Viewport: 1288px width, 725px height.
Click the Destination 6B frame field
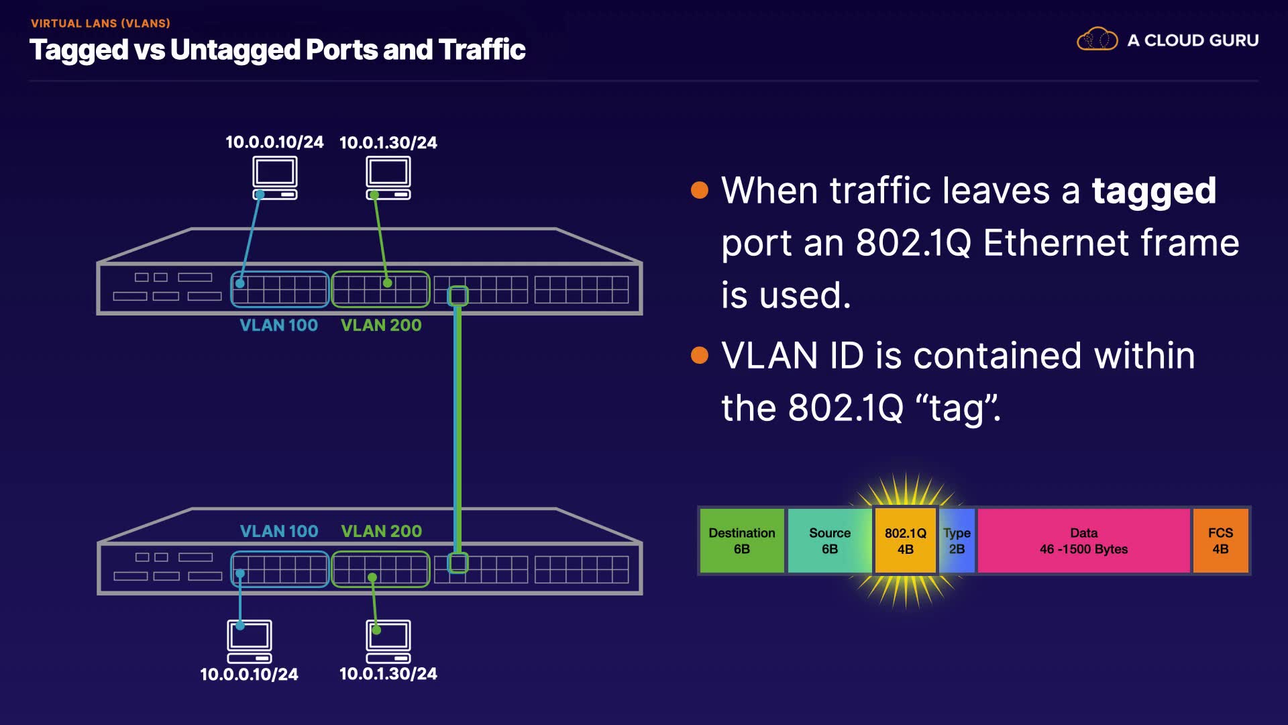(x=742, y=540)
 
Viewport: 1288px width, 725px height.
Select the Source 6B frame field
(x=830, y=540)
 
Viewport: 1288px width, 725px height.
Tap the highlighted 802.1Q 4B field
(x=906, y=540)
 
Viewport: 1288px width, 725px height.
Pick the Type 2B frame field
(x=957, y=540)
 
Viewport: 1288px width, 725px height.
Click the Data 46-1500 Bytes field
(x=1083, y=540)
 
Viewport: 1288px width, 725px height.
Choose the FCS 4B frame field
(x=1220, y=540)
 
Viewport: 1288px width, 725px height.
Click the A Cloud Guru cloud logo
(x=1097, y=39)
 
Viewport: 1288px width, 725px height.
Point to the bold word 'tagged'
(x=1154, y=191)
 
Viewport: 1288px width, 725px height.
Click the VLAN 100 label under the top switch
(x=279, y=326)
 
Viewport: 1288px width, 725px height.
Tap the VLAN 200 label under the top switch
(x=381, y=326)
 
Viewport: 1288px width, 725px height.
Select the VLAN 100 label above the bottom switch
(x=279, y=531)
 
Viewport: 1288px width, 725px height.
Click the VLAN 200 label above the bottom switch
(x=381, y=531)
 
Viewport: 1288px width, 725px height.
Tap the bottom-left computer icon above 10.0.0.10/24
(x=250, y=641)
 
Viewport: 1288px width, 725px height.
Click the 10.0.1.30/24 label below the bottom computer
(x=388, y=674)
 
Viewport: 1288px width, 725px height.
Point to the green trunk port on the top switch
(x=458, y=295)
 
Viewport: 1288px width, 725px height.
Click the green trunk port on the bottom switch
(x=458, y=563)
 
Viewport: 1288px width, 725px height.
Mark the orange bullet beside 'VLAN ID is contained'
(x=700, y=354)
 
